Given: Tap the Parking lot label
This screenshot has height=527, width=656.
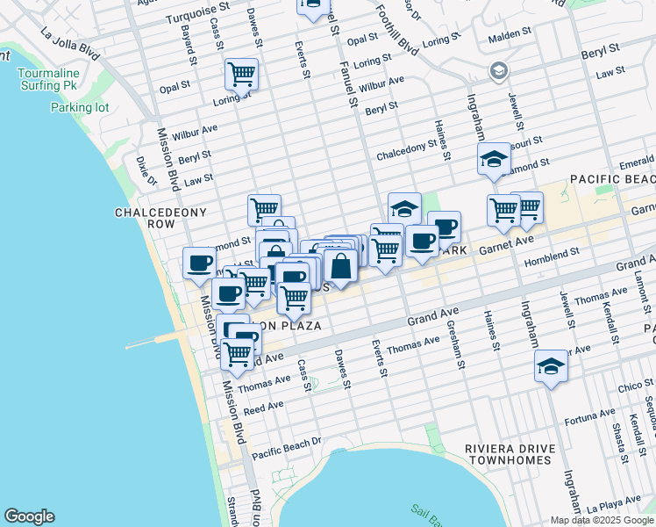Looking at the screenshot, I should pos(80,107).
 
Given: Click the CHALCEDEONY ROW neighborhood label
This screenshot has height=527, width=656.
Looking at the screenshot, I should pos(148,218).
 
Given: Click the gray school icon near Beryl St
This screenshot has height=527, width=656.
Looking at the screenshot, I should pos(498,69).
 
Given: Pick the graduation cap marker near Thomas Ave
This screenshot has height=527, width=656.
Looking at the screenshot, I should pos(551,366).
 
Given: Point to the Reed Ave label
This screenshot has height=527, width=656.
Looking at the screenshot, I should pos(264,407).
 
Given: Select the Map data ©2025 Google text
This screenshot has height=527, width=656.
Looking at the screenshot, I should pos(601,520).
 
